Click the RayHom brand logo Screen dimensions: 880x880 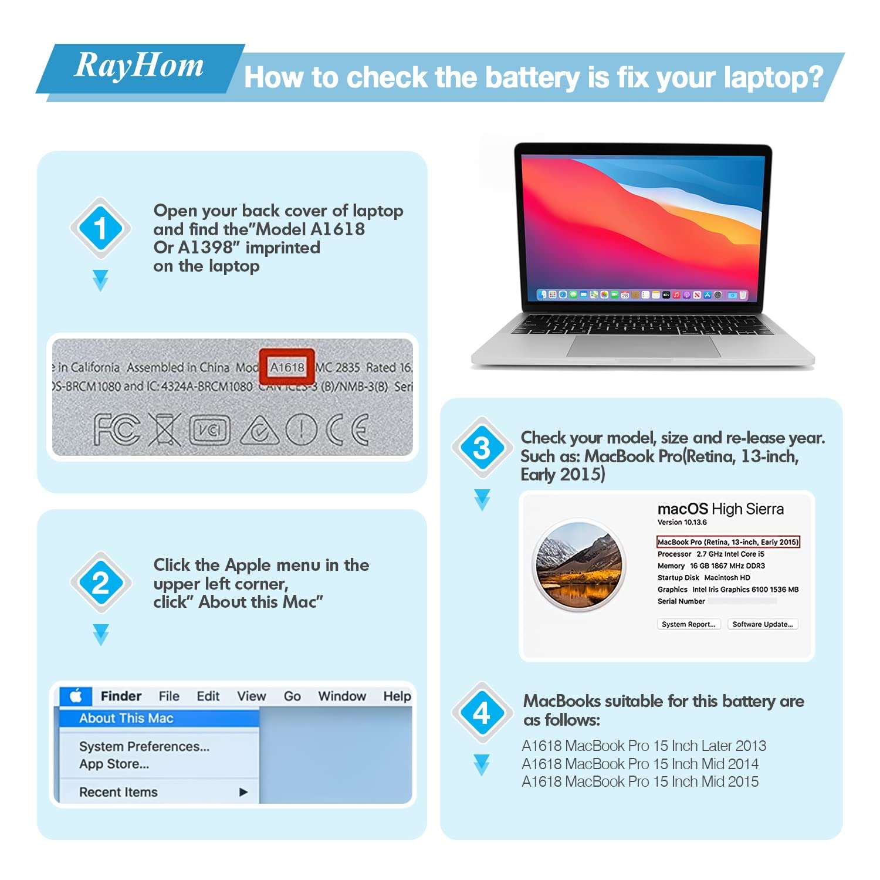tap(139, 66)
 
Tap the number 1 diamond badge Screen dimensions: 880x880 tap(100, 228)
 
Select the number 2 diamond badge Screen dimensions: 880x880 tap(100, 583)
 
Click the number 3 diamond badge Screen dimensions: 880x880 tap(482, 448)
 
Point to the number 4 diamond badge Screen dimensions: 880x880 tap(482, 713)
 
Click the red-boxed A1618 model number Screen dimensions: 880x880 tap(287, 367)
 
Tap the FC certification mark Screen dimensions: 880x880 tap(117, 429)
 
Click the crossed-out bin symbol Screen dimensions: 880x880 tap(164, 429)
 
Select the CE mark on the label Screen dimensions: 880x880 tap(348, 429)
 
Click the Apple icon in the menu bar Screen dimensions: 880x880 tap(76, 696)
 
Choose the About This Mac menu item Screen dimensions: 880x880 tap(126, 718)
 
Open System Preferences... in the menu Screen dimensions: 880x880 tap(144, 746)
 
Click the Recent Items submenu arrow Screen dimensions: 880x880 tap(243, 792)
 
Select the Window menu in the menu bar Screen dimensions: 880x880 tap(342, 696)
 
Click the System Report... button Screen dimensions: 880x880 tap(688, 624)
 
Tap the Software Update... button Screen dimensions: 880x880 tap(762, 624)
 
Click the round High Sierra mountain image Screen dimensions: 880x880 tap(580, 566)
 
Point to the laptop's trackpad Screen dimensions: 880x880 tap(644, 346)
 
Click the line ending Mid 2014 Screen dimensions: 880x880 tap(640, 764)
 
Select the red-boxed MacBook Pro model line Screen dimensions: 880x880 tap(727, 542)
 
